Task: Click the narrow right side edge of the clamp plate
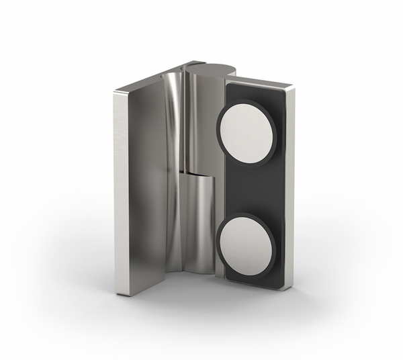tap(290, 188)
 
